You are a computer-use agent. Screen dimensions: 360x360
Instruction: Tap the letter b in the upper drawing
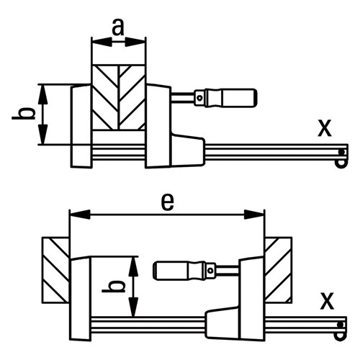24,114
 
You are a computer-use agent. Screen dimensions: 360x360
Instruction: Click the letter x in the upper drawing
325,127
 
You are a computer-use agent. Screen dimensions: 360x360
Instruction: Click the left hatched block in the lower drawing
56,269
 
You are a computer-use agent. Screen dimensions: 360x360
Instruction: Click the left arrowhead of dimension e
73,214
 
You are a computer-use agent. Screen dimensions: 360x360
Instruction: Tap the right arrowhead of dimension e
259,214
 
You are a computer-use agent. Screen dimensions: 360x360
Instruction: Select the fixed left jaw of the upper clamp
81,124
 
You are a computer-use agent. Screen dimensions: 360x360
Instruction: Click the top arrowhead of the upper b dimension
44,89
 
